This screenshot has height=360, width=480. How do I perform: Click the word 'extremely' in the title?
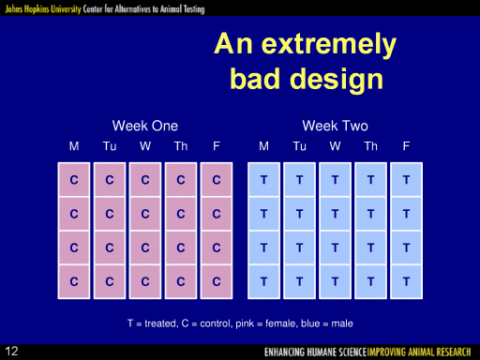(x=329, y=44)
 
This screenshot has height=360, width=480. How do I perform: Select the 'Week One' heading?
(x=145, y=126)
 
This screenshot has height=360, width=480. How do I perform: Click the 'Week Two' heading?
(x=335, y=126)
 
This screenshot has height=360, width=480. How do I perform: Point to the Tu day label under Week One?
(x=110, y=146)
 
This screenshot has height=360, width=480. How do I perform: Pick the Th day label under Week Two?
(x=370, y=146)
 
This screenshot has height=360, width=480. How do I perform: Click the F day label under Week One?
(x=217, y=146)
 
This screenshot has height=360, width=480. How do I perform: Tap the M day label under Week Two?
(x=263, y=146)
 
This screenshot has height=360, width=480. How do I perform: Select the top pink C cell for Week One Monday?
(x=74, y=180)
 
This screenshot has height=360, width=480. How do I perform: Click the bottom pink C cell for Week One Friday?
(x=217, y=281)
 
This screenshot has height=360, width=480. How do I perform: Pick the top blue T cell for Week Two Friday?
(x=406, y=180)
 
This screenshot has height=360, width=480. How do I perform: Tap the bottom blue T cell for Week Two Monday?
(x=263, y=281)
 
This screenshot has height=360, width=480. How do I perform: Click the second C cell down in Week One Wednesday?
(x=145, y=214)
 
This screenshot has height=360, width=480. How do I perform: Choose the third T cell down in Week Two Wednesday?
(x=335, y=247)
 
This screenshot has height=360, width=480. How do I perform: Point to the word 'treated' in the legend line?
(x=160, y=323)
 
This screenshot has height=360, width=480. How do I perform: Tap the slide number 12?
(x=11, y=352)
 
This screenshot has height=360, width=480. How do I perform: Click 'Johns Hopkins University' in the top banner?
(x=43, y=8)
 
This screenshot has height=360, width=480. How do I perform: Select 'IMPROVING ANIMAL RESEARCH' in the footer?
(x=419, y=352)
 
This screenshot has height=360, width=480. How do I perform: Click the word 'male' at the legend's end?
(x=342, y=323)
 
